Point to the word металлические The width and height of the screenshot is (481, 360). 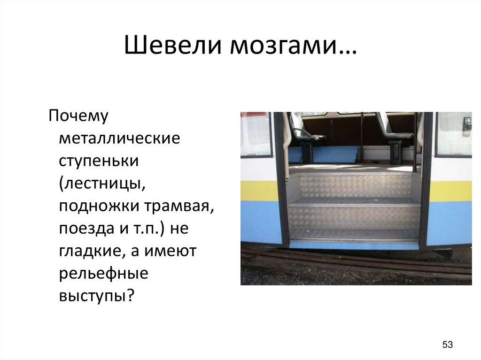click(119, 139)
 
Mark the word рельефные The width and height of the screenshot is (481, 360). click(103, 274)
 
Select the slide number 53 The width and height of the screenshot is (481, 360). click(447, 345)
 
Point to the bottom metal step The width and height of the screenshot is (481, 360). click(354, 235)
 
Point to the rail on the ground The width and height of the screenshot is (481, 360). click(357, 263)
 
